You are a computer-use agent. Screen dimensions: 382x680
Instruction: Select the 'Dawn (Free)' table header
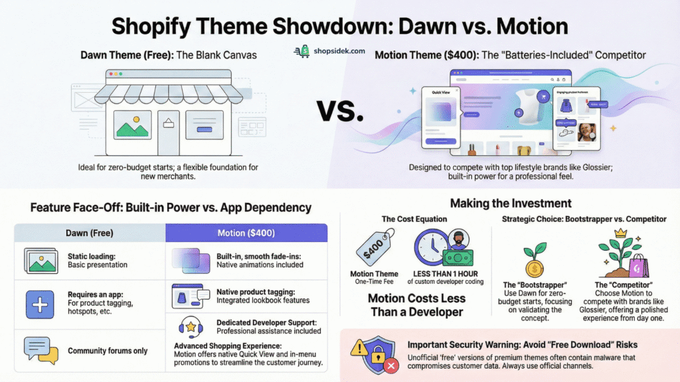pyautogui.click(x=89, y=233)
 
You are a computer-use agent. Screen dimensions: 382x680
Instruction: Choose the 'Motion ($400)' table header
pyautogui.click(x=246, y=233)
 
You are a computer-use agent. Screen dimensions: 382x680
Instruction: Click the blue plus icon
pyautogui.click(x=40, y=304)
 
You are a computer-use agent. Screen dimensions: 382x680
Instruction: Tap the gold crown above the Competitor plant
pyautogui.click(x=622, y=233)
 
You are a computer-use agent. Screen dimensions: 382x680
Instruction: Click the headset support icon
pyautogui.click(x=191, y=326)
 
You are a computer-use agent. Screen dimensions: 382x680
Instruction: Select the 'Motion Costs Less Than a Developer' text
pyautogui.click(x=416, y=306)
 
